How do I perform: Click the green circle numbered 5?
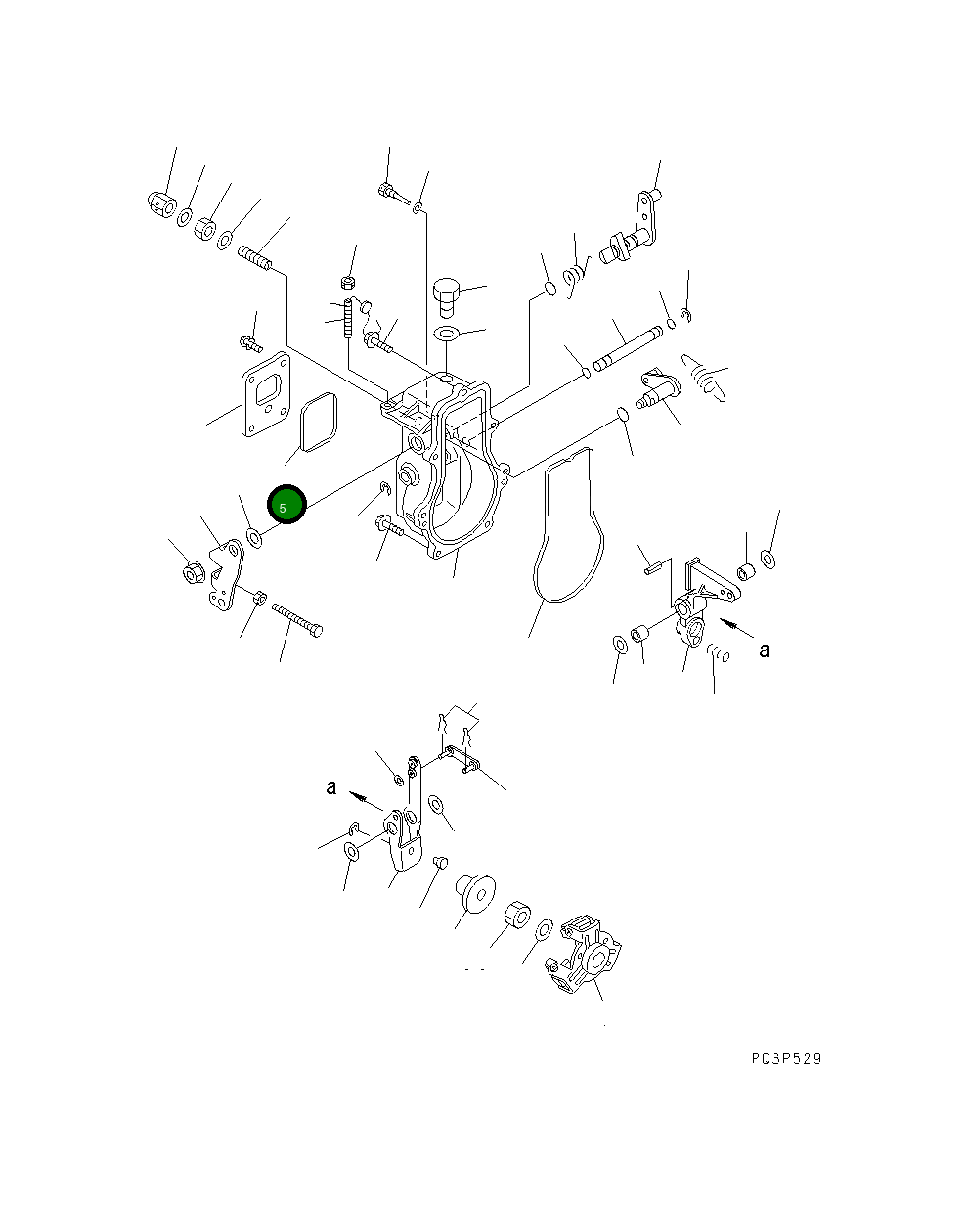[286, 504]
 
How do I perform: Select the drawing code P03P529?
[786, 1058]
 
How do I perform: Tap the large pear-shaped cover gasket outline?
[568, 526]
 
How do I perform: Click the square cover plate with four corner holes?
[266, 394]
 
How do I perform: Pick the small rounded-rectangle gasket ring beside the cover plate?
[319, 423]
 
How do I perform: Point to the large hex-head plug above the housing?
[447, 297]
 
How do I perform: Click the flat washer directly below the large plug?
[447, 334]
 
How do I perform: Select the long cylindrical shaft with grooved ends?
[627, 348]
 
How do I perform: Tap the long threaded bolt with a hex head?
[297, 620]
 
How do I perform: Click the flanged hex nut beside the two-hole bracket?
[193, 572]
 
